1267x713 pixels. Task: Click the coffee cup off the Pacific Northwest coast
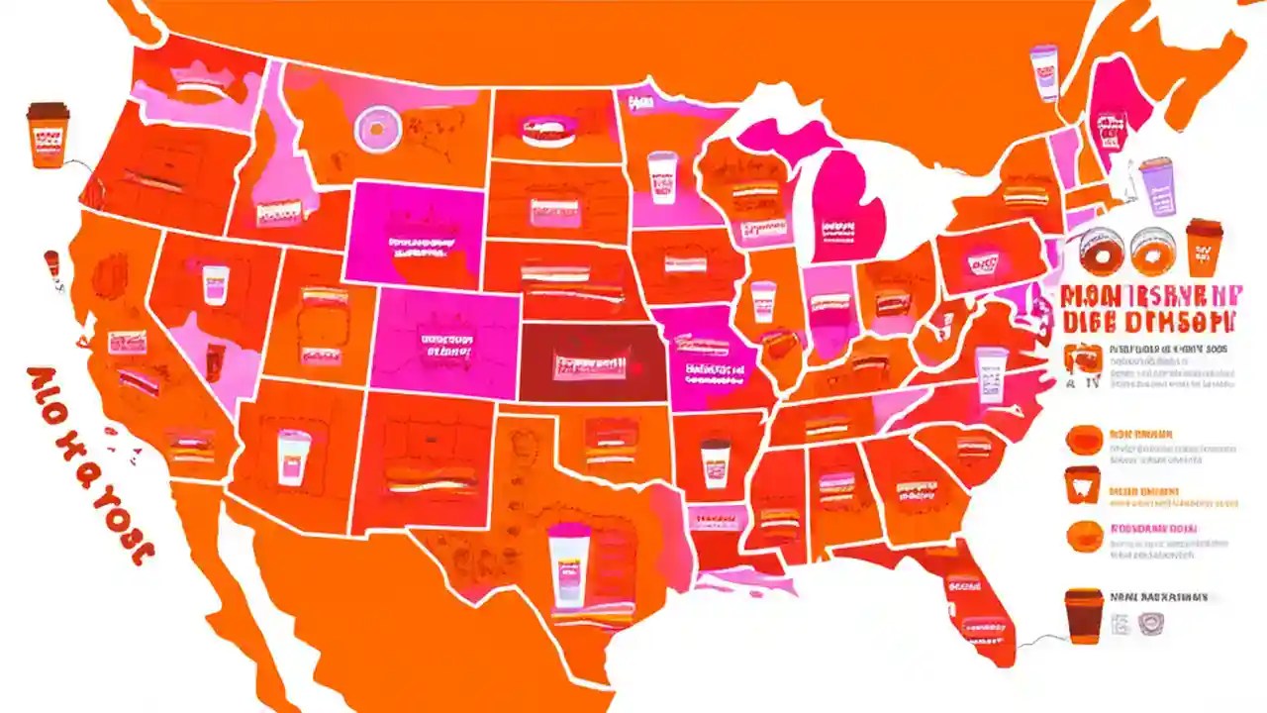(48, 134)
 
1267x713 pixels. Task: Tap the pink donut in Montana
(376, 129)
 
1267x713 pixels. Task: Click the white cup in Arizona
(289, 457)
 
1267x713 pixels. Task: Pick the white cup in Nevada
(215, 283)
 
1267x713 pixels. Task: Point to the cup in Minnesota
(662, 177)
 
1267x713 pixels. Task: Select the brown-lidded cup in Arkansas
(716, 461)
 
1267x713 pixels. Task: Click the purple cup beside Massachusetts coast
(1156, 187)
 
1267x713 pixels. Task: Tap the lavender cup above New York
(1043, 71)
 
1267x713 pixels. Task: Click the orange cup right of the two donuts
(1203, 245)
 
